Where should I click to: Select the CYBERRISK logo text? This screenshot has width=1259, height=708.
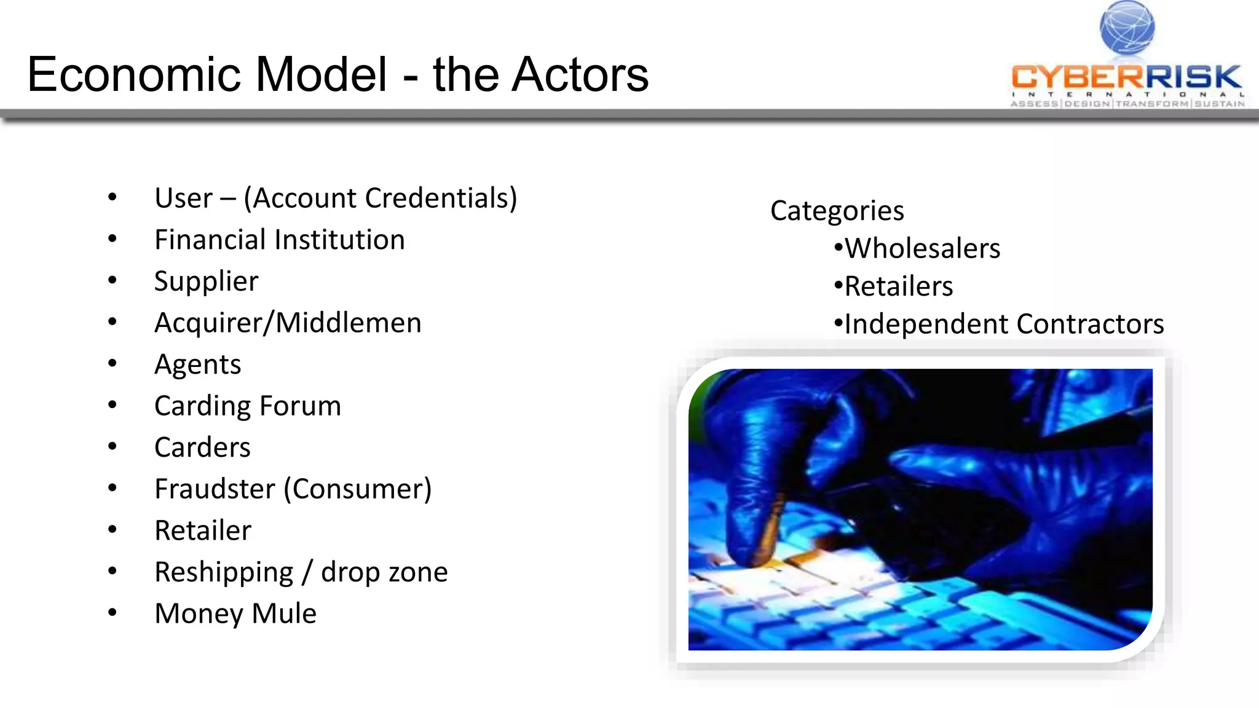(x=1126, y=77)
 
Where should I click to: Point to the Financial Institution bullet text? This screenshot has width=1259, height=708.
(x=280, y=240)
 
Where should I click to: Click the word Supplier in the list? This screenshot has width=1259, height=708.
(x=206, y=281)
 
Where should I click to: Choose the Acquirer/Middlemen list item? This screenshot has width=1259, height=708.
(x=288, y=323)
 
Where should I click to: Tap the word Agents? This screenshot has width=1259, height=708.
(x=197, y=364)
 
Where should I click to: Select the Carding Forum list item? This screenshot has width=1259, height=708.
(x=247, y=406)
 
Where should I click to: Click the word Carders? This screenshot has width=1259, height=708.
(x=202, y=447)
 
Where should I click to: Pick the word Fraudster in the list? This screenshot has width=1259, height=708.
(x=215, y=489)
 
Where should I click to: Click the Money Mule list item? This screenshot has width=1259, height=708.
(x=235, y=613)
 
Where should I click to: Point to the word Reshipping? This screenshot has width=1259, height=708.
(x=224, y=572)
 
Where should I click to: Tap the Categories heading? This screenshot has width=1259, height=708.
(x=837, y=211)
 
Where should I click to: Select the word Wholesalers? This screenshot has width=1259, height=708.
(x=922, y=248)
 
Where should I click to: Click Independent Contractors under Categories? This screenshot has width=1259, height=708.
(x=1004, y=324)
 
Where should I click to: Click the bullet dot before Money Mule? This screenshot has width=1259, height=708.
(x=112, y=612)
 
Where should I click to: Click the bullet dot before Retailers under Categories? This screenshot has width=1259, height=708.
(x=839, y=286)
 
